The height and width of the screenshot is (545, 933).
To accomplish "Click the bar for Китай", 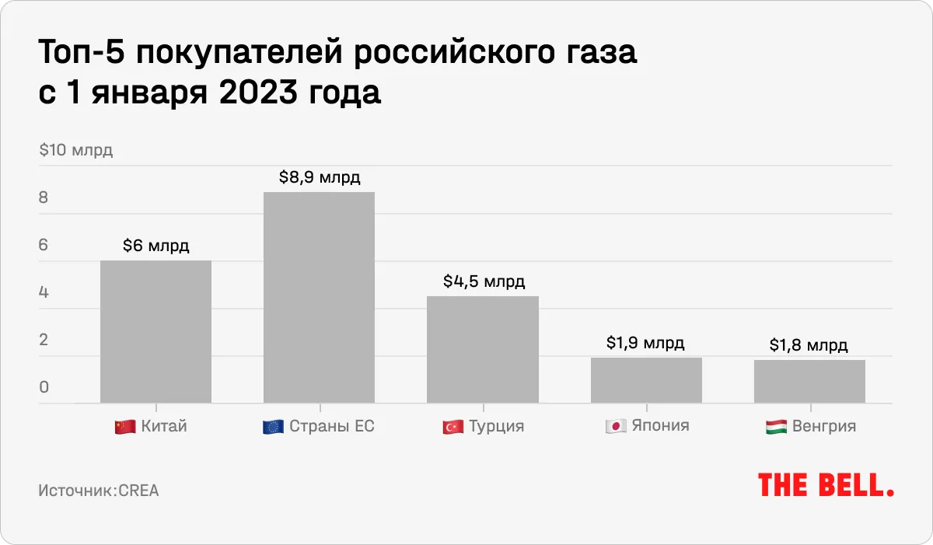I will (155, 332).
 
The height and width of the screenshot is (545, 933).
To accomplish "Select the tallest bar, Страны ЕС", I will (319, 298).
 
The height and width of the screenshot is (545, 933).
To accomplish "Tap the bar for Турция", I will (483, 350).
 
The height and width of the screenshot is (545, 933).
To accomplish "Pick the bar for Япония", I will (646, 380).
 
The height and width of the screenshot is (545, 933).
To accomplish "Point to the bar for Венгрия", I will (809, 382).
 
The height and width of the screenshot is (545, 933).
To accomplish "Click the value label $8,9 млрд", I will (320, 177).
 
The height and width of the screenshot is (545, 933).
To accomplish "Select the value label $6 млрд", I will (155, 246).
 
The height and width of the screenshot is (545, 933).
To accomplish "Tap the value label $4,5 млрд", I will (484, 281).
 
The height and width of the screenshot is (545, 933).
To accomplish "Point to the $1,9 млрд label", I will (646, 343).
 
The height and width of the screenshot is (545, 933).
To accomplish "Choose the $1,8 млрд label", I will (809, 345).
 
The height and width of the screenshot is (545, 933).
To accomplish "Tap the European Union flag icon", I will (272, 427).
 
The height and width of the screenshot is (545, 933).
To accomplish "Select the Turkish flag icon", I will (452, 427).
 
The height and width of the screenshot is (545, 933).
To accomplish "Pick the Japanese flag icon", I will (616, 427).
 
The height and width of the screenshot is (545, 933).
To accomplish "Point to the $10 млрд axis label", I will (76, 150).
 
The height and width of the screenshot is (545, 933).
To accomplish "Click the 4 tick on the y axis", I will (44, 292).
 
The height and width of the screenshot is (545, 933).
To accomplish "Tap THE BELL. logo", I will (826, 484).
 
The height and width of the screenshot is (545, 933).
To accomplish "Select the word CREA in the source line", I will (138, 491).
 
